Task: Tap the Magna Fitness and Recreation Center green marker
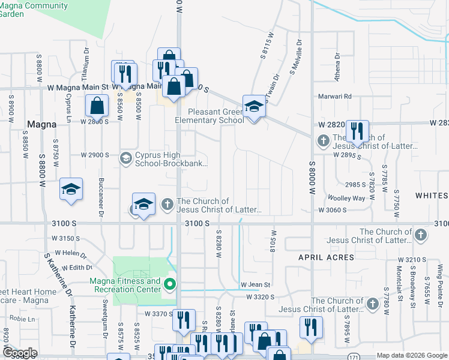[170, 284]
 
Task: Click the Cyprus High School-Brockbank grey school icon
[125, 158]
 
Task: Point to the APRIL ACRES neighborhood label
[327, 257]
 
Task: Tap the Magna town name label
[41, 124]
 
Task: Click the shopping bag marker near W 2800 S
[97, 107]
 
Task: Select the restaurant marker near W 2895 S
[357, 131]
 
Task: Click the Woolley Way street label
[346, 198]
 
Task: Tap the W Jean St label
[256, 284]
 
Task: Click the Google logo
[20, 353]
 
